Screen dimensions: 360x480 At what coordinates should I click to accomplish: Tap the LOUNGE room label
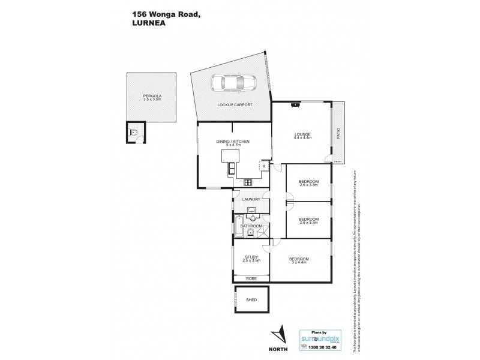[302, 135]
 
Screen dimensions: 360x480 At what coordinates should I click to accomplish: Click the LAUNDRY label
[251, 199]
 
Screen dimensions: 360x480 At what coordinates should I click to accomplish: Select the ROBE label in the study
[251, 279]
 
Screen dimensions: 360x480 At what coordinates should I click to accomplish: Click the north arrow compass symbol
[277, 334]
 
